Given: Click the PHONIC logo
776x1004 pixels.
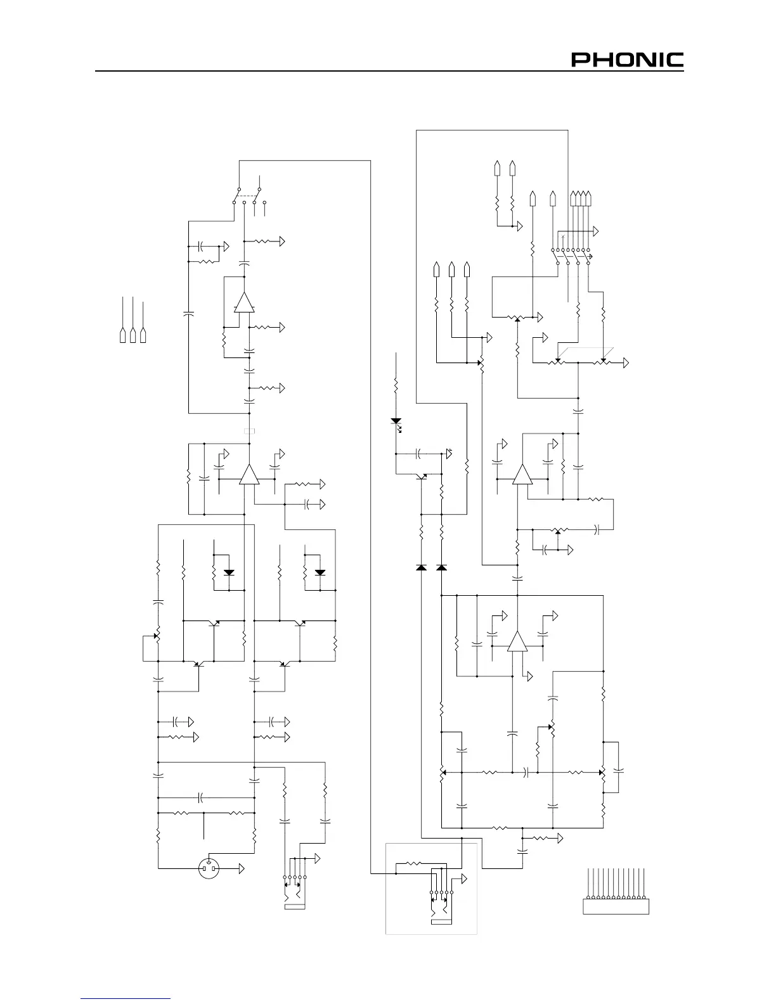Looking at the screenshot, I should click(628, 60).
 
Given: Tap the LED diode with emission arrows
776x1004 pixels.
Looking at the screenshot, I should click(396, 421).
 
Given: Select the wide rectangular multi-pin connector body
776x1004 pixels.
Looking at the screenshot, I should click(616, 906).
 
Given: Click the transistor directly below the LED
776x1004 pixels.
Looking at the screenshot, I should click(422, 475).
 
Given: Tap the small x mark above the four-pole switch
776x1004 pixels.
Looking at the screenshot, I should click(563, 236).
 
